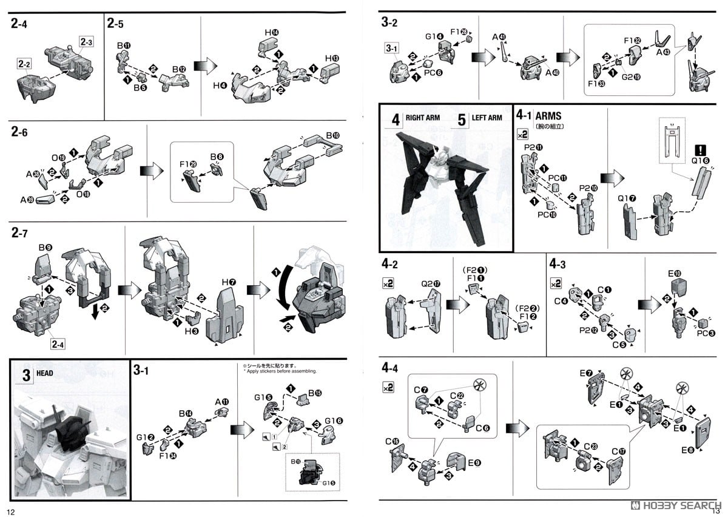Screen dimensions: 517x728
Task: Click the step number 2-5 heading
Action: coord(115,24)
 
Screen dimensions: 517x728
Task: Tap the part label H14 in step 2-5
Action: coord(272,33)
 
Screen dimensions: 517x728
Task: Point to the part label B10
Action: coord(333,135)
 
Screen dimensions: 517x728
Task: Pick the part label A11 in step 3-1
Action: coord(221,401)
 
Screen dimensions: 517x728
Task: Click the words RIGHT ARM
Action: coord(423,117)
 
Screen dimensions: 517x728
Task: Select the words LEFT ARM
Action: coord(487,117)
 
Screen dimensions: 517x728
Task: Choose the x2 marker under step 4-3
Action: coord(556,283)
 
